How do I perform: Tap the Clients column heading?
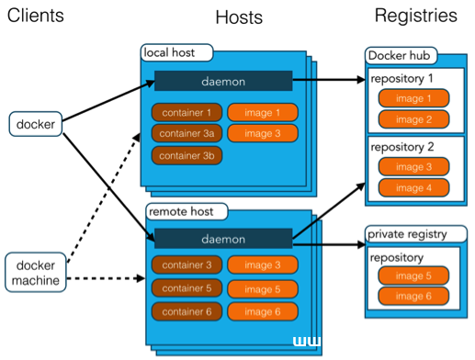(36, 16)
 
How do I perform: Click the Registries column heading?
(415, 16)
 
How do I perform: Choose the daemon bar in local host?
(223, 81)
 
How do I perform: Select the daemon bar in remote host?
(223, 239)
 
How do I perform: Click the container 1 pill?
(187, 113)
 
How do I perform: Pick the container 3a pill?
(187, 134)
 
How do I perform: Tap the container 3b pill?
(187, 155)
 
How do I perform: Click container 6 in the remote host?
(187, 312)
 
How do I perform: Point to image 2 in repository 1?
(413, 119)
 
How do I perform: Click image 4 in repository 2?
(413, 188)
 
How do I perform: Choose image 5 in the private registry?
(413, 276)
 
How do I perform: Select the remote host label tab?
(182, 213)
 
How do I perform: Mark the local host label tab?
(175, 52)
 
